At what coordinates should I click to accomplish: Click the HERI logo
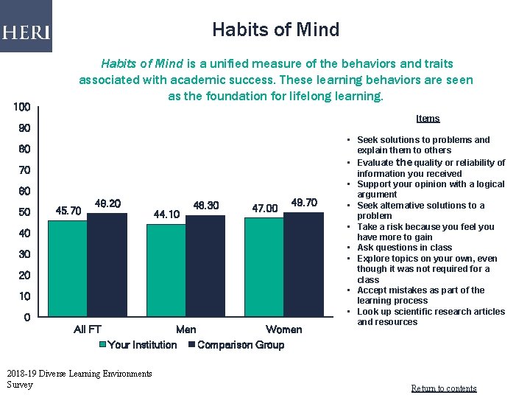[x=26, y=32]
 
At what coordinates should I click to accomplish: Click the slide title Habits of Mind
[x=275, y=30]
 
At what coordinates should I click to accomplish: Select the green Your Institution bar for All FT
[x=68, y=269]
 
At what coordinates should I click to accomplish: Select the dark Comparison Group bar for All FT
[x=107, y=266]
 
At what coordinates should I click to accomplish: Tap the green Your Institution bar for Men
[x=166, y=270]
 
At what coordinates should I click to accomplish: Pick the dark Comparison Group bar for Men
[x=205, y=266]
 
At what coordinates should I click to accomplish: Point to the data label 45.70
[x=68, y=211]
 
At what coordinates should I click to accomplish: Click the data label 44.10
[x=166, y=214]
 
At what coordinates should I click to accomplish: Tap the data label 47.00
[x=264, y=209]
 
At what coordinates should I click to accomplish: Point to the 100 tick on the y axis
[x=22, y=108]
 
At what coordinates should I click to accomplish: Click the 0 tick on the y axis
[x=26, y=318]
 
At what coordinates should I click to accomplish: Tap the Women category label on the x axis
[x=283, y=329]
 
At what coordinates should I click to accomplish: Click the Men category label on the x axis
[x=185, y=329]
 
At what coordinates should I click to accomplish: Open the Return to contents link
[x=443, y=388]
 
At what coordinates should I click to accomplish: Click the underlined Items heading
[x=427, y=119]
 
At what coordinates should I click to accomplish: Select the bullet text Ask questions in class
[x=404, y=248]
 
